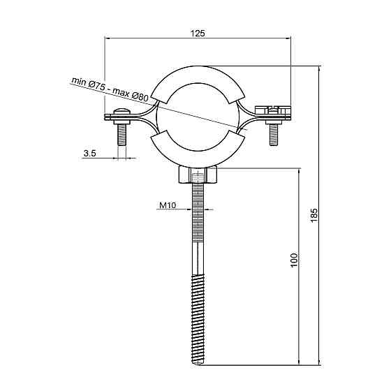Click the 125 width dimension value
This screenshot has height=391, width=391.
[x=198, y=34]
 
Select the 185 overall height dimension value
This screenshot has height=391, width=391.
[x=314, y=215]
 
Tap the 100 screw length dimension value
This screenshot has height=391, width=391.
[x=294, y=260]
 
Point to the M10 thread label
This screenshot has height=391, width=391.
[x=168, y=205]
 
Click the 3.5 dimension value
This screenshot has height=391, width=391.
[x=89, y=153]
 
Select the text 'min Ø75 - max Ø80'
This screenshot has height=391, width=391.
[x=110, y=89]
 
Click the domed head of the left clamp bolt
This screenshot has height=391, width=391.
[x=121, y=111]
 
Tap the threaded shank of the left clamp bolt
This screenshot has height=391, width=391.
[x=121, y=135]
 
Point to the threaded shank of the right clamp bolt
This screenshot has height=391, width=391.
[x=273, y=135]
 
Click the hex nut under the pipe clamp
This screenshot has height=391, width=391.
[x=198, y=175]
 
